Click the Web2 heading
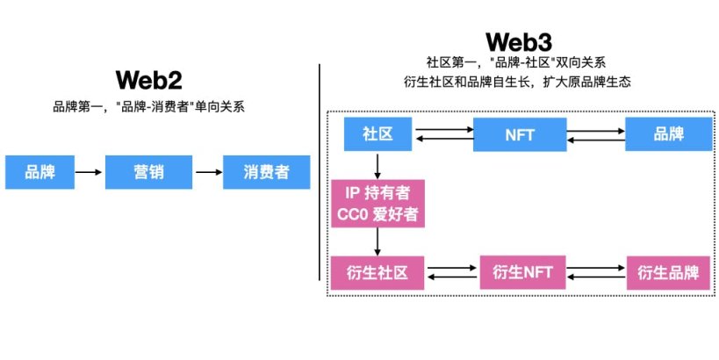(148, 81)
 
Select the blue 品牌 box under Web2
(40, 172)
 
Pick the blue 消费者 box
(267, 172)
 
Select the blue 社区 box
(377, 135)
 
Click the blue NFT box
(517, 135)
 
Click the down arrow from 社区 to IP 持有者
(377, 163)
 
